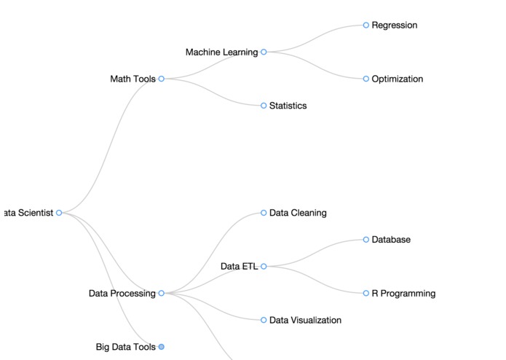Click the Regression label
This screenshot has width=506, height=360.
[394, 26]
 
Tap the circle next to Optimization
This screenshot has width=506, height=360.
[366, 79]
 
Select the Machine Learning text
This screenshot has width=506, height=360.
[221, 52]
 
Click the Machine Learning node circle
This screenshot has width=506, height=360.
[264, 52]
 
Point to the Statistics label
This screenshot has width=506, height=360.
[288, 106]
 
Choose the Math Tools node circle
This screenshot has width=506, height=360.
[161, 79]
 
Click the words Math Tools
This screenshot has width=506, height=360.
[133, 79]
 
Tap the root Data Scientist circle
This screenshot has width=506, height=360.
[59, 213]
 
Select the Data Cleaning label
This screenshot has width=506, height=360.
[298, 213]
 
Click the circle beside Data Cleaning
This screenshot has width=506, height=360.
[264, 213]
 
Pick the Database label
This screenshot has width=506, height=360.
[391, 240]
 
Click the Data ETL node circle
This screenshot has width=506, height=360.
[264, 267]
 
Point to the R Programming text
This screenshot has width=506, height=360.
[403, 294]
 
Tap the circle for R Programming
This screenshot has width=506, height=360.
[366, 293]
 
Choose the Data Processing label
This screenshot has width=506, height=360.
[122, 294]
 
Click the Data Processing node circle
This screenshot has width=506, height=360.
[161, 293]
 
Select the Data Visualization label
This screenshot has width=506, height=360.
[305, 320]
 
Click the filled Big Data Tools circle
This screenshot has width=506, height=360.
[161, 347]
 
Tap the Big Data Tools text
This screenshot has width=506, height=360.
[125, 347]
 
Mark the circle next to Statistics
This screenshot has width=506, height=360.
[264, 106]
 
